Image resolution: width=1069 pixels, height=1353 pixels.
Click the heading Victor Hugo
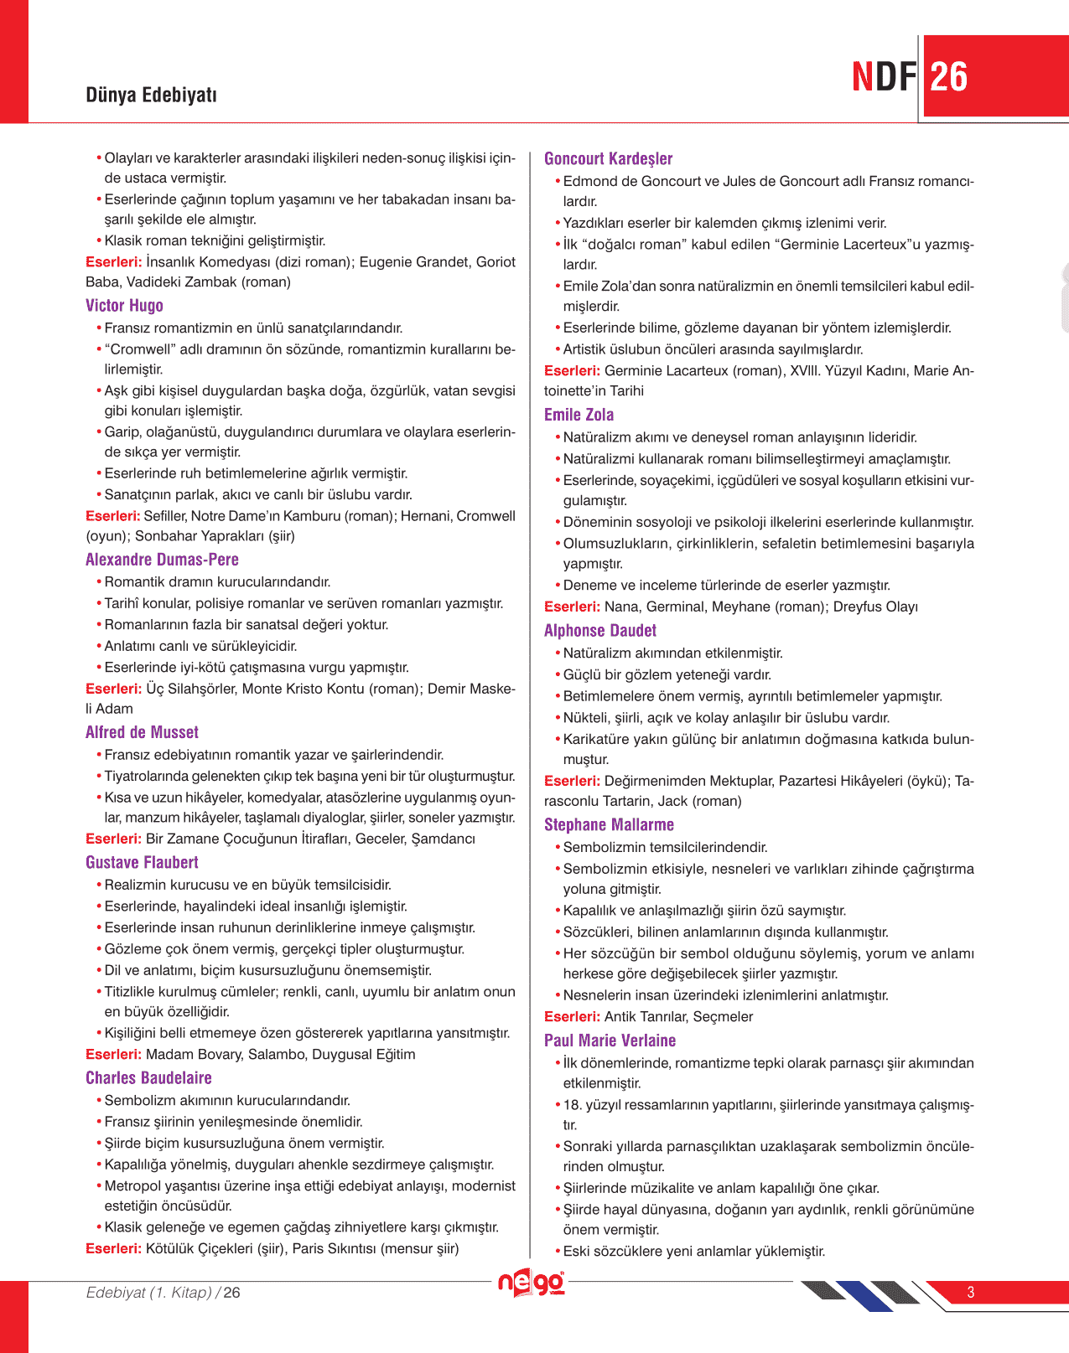click(124, 306)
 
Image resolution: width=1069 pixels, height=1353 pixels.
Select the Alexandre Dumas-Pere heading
click(162, 560)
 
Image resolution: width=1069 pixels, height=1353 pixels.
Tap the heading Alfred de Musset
click(142, 732)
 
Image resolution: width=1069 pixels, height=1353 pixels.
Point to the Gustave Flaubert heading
click(142, 863)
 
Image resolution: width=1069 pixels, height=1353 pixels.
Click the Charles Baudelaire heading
click(148, 1078)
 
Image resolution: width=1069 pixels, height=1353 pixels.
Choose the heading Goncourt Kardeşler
click(608, 159)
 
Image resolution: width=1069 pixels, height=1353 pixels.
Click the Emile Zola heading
click(579, 415)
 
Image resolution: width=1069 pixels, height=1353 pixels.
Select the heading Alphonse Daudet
click(599, 631)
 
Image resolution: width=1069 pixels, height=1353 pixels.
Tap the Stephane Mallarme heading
click(609, 825)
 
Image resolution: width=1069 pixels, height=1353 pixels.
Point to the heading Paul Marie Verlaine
click(610, 1041)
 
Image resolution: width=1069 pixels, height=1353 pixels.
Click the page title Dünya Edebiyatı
click(151, 95)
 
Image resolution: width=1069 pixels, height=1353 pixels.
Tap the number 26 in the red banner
click(948, 77)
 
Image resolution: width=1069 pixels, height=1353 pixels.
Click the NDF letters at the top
click(884, 77)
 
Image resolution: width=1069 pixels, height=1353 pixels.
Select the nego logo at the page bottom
click(531, 1283)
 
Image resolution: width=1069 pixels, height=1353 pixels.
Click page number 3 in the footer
click(971, 1293)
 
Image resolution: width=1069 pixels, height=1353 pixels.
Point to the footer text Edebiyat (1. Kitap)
click(149, 1293)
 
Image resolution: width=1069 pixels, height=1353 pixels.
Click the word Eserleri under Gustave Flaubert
click(113, 1055)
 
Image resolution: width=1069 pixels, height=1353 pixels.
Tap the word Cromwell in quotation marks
click(141, 349)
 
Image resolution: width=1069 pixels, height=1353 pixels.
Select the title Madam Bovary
click(187, 1055)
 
